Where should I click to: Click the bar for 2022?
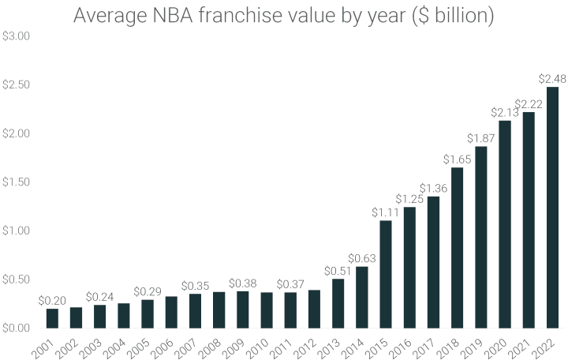pyautogui.click(x=552, y=208)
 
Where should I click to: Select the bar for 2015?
pyautogui.click(x=386, y=274)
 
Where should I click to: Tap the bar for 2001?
pyautogui.click(x=52, y=317)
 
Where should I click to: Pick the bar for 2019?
pyautogui.click(x=481, y=237)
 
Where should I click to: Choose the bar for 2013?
pyautogui.click(x=338, y=303)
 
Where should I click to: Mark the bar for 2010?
pyautogui.click(x=267, y=310)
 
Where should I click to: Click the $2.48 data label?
pyautogui.click(x=552, y=79)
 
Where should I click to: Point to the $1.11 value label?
pyautogui.click(x=386, y=212)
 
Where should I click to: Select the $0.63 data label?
pyautogui.click(x=362, y=258)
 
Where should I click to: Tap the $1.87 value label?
pyautogui.click(x=481, y=138)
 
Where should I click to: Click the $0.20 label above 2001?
pyautogui.click(x=52, y=300)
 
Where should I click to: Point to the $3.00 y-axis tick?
pyautogui.click(x=17, y=36)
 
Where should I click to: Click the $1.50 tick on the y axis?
pyautogui.click(x=17, y=182)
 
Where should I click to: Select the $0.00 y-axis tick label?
pyautogui.click(x=17, y=328)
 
